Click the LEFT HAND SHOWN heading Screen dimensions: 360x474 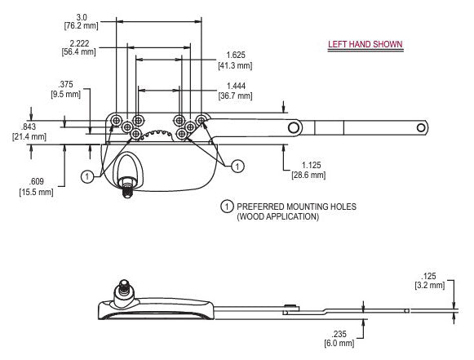[x=365, y=44]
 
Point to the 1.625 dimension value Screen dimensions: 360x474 [x=237, y=56]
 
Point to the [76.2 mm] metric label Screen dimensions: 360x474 [x=81, y=25]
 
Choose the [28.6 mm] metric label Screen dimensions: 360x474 [x=308, y=175]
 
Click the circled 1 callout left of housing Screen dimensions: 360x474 [x=86, y=176]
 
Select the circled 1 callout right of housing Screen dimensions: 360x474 [x=237, y=167]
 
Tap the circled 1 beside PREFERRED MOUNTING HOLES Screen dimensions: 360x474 [x=226, y=207]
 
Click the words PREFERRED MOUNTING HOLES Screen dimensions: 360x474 [x=283, y=207]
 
